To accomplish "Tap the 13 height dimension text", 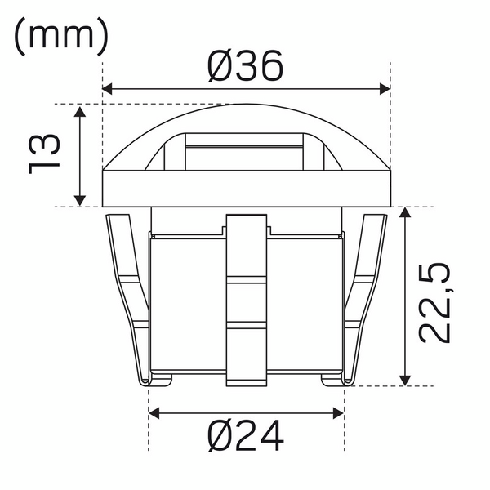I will [x=45, y=155].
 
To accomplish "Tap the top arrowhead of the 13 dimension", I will [x=80, y=110].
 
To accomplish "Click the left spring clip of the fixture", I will [x=127, y=294].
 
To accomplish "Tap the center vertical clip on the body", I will [x=246, y=298].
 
